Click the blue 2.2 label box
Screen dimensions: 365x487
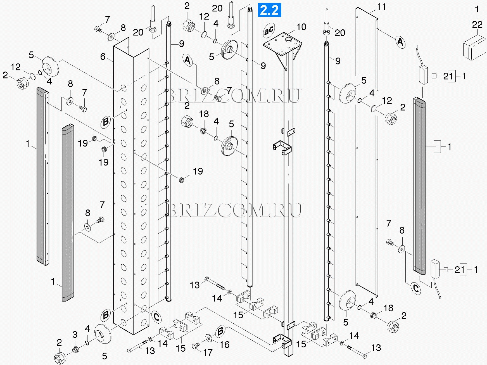click(269, 10)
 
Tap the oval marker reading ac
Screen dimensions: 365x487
click(269, 30)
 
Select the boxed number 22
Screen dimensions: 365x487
click(477, 24)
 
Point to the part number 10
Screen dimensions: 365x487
click(301, 27)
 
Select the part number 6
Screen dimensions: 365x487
click(103, 57)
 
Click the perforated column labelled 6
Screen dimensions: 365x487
click(131, 182)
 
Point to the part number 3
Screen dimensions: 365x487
click(75, 335)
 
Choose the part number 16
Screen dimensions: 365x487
click(225, 345)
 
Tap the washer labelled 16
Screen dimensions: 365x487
click(208, 337)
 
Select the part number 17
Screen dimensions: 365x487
click(207, 353)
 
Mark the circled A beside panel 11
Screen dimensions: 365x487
click(400, 42)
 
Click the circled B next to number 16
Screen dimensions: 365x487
click(220, 332)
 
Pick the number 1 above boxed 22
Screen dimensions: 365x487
click(477, 10)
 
